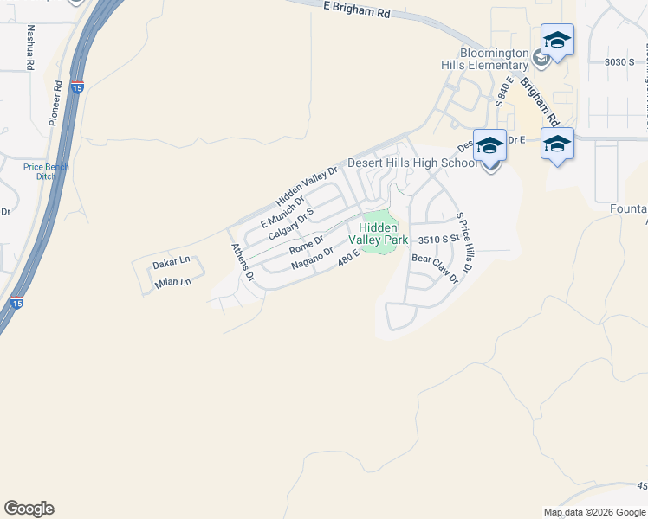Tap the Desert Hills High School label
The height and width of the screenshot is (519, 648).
411,163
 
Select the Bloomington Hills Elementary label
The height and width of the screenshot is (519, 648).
494,59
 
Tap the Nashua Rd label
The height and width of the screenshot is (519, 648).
31,47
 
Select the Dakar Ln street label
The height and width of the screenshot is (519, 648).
170,261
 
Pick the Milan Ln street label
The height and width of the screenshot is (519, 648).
172,283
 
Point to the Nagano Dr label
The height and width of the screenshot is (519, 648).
312,258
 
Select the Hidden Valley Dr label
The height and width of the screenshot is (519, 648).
306,183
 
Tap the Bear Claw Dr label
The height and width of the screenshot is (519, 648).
434,269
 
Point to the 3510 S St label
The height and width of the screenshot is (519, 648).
437,240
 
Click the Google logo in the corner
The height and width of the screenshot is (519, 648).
29,508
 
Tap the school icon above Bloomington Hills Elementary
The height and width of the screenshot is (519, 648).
557,41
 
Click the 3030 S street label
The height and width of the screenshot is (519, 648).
619,61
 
